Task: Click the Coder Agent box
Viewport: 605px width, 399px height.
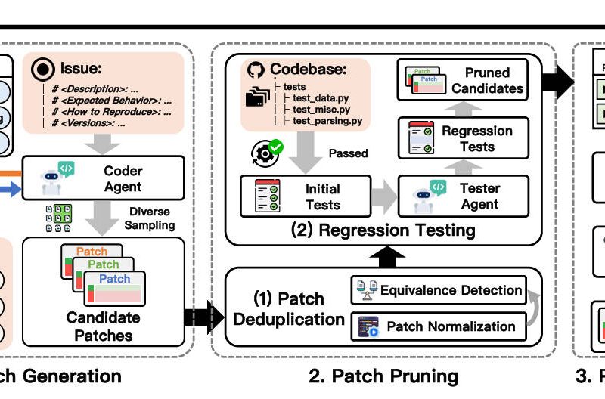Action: pyautogui.click(x=103, y=178)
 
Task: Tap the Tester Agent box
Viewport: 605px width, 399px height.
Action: pyautogui.click(x=462, y=196)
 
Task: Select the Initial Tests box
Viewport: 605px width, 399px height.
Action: pyautogui.click(x=305, y=196)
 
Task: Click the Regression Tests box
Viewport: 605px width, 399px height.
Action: pyautogui.click(x=461, y=138)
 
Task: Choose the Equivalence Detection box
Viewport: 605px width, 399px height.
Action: pyautogui.click(x=438, y=290)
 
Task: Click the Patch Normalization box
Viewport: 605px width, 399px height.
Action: pyautogui.click(x=438, y=326)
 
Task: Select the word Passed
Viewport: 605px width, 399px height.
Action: pyautogui.click(x=347, y=153)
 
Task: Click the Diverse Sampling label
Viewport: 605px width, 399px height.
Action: pyautogui.click(x=150, y=218)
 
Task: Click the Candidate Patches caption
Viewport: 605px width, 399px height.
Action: pyautogui.click(x=103, y=326)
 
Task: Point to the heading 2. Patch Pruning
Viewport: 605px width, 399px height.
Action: pyautogui.click(x=383, y=376)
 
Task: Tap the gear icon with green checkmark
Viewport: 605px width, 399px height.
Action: pyautogui.click(x=265, y=152)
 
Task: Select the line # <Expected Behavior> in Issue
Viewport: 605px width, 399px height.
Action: pyautogui.click(x=113, y=99)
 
